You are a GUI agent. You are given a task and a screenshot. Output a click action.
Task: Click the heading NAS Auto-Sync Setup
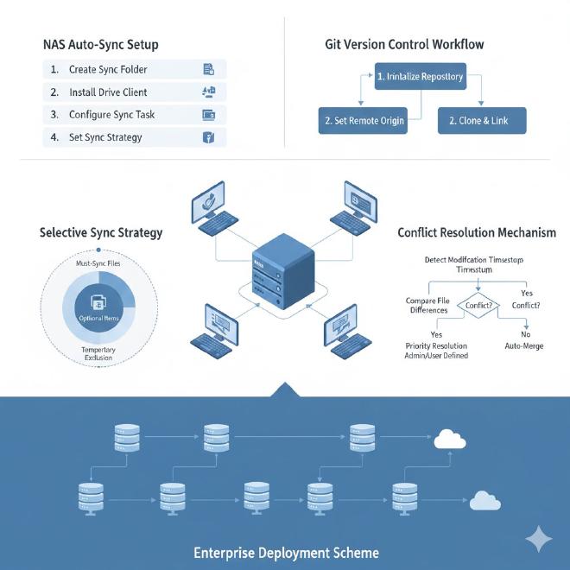coord(100,44)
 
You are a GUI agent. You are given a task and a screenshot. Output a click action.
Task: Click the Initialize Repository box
coord(420,77)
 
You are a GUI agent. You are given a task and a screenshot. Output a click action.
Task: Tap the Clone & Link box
coord(482,121)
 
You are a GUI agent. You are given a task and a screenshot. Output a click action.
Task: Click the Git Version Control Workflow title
coord(404,44)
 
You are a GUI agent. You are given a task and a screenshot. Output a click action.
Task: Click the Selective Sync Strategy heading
coord(101,232)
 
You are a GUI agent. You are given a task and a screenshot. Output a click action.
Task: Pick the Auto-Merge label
coord(525,345)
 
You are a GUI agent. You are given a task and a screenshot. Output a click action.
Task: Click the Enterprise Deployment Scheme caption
coord(286,553)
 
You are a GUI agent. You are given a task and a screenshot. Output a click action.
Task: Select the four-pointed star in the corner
coord(539,540)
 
